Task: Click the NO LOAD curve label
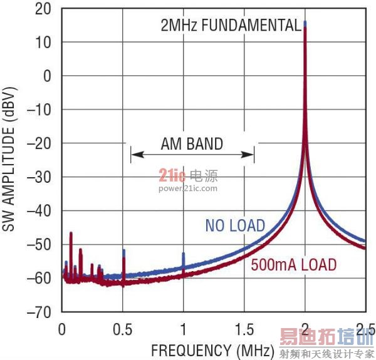point(235,225)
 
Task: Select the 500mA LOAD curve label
point(293,264)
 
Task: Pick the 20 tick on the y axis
point(43,9)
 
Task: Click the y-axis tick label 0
point(48,76)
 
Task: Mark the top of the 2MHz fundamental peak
point(305,23)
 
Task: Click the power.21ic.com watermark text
point(188,188)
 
